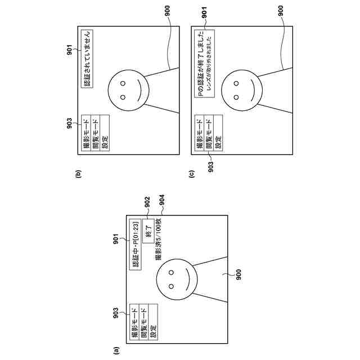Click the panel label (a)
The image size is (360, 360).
116,351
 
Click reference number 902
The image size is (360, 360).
146,200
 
